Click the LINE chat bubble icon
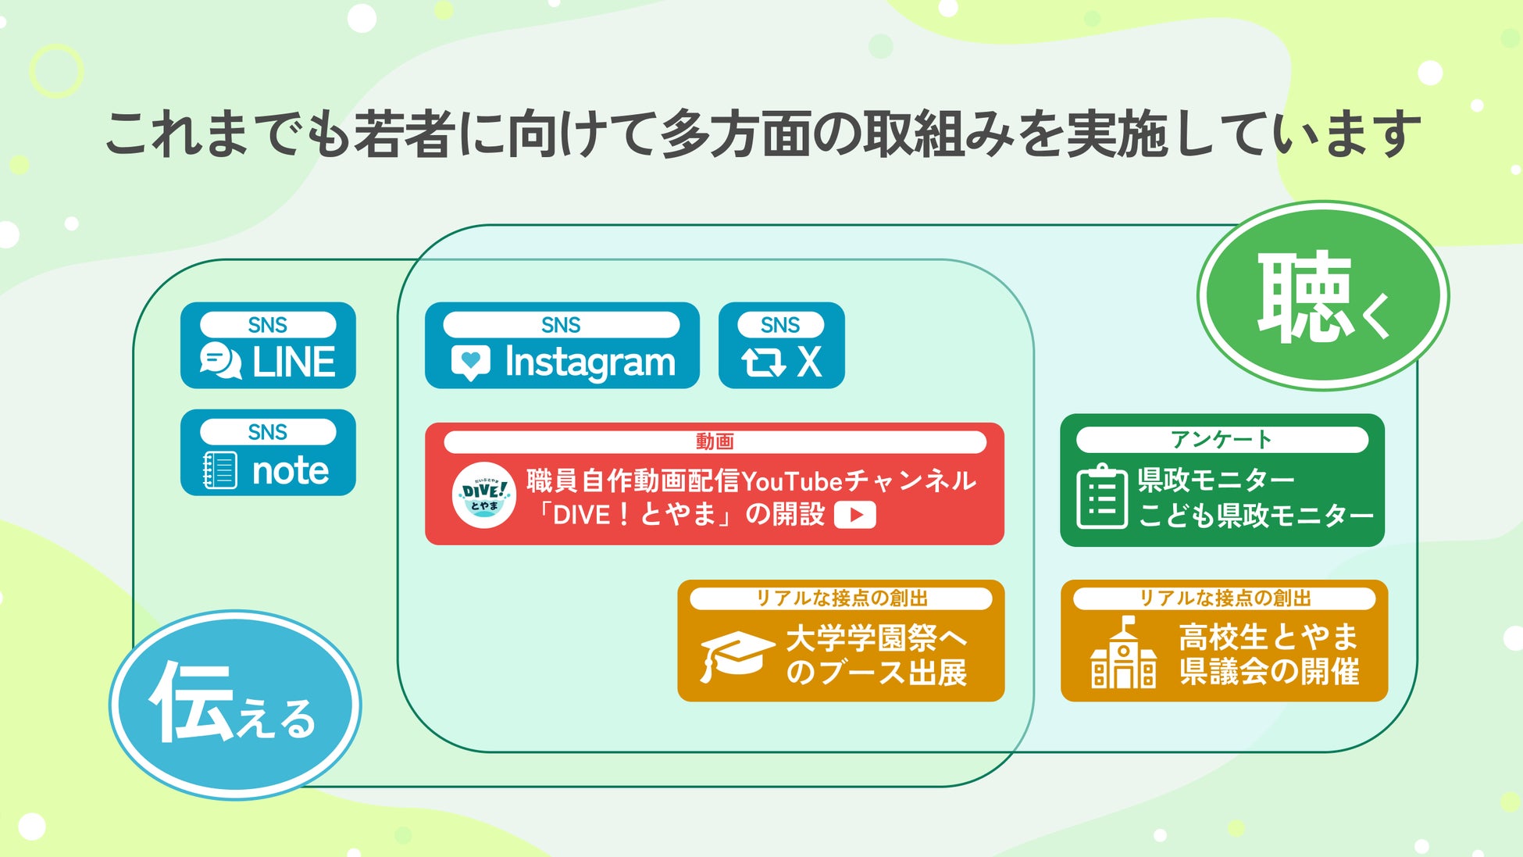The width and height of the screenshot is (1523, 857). click(x=220, y=361)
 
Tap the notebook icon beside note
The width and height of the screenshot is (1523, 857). click(x=219, y=470)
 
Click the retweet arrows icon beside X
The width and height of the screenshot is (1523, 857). click(x=763, y=362)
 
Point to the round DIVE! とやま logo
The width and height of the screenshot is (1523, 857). click(x=484, y=495)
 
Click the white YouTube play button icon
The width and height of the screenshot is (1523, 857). click(x=855, y=515)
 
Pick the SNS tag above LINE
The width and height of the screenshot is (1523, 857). click(x=268, y=325)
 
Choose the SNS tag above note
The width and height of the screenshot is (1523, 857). click(x=268, y=432)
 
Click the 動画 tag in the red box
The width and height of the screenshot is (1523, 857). click(x=715, y=442)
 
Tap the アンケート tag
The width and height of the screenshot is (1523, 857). click(x=1222, y=440)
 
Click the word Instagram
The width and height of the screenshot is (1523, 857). click(x=590, y=363)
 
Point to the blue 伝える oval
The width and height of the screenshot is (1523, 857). click(x=235, y=705)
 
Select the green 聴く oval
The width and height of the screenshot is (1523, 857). click(x=1323, y=295)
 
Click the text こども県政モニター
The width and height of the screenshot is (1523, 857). click(x=1256, y=516)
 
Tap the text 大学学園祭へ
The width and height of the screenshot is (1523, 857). click(x=876, y=638)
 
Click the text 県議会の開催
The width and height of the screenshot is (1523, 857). click(x=1269, y=672)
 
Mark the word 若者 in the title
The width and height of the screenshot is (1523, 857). click(x=405, y=134)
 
